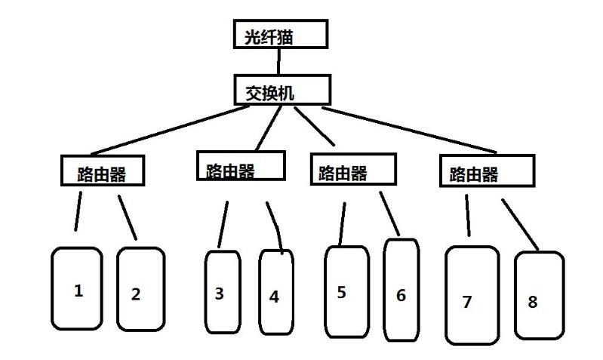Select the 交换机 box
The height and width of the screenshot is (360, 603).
pos(282,90)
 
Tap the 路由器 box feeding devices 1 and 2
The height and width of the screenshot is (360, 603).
pos(102,171)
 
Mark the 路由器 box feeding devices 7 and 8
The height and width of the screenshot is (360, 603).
pos(487,171)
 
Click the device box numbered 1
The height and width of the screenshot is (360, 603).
pos(77,288)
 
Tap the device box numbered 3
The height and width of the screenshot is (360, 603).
pos(222,291)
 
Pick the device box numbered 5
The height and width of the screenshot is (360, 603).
pos(346,291)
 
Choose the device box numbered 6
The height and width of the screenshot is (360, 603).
pos(401,290)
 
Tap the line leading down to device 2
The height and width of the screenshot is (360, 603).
pos(128,217)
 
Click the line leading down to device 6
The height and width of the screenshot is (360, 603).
pos(389,213)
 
